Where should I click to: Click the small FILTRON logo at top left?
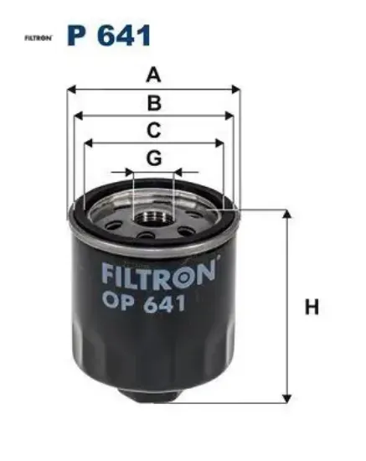(x=39, y=38)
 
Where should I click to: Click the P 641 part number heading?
(x=109, y=35)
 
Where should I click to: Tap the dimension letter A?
(x=153, y=75)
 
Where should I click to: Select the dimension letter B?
(x=154, y=103)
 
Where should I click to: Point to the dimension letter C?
(x=154, y=130)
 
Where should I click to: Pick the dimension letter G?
(x=154, y=158)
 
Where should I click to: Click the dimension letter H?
(x=312, y=307)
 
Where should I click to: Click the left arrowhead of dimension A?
(x=71, y=90)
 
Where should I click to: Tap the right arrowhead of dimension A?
(x=236, y=90)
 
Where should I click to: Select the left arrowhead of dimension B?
(x=78, y=116)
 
